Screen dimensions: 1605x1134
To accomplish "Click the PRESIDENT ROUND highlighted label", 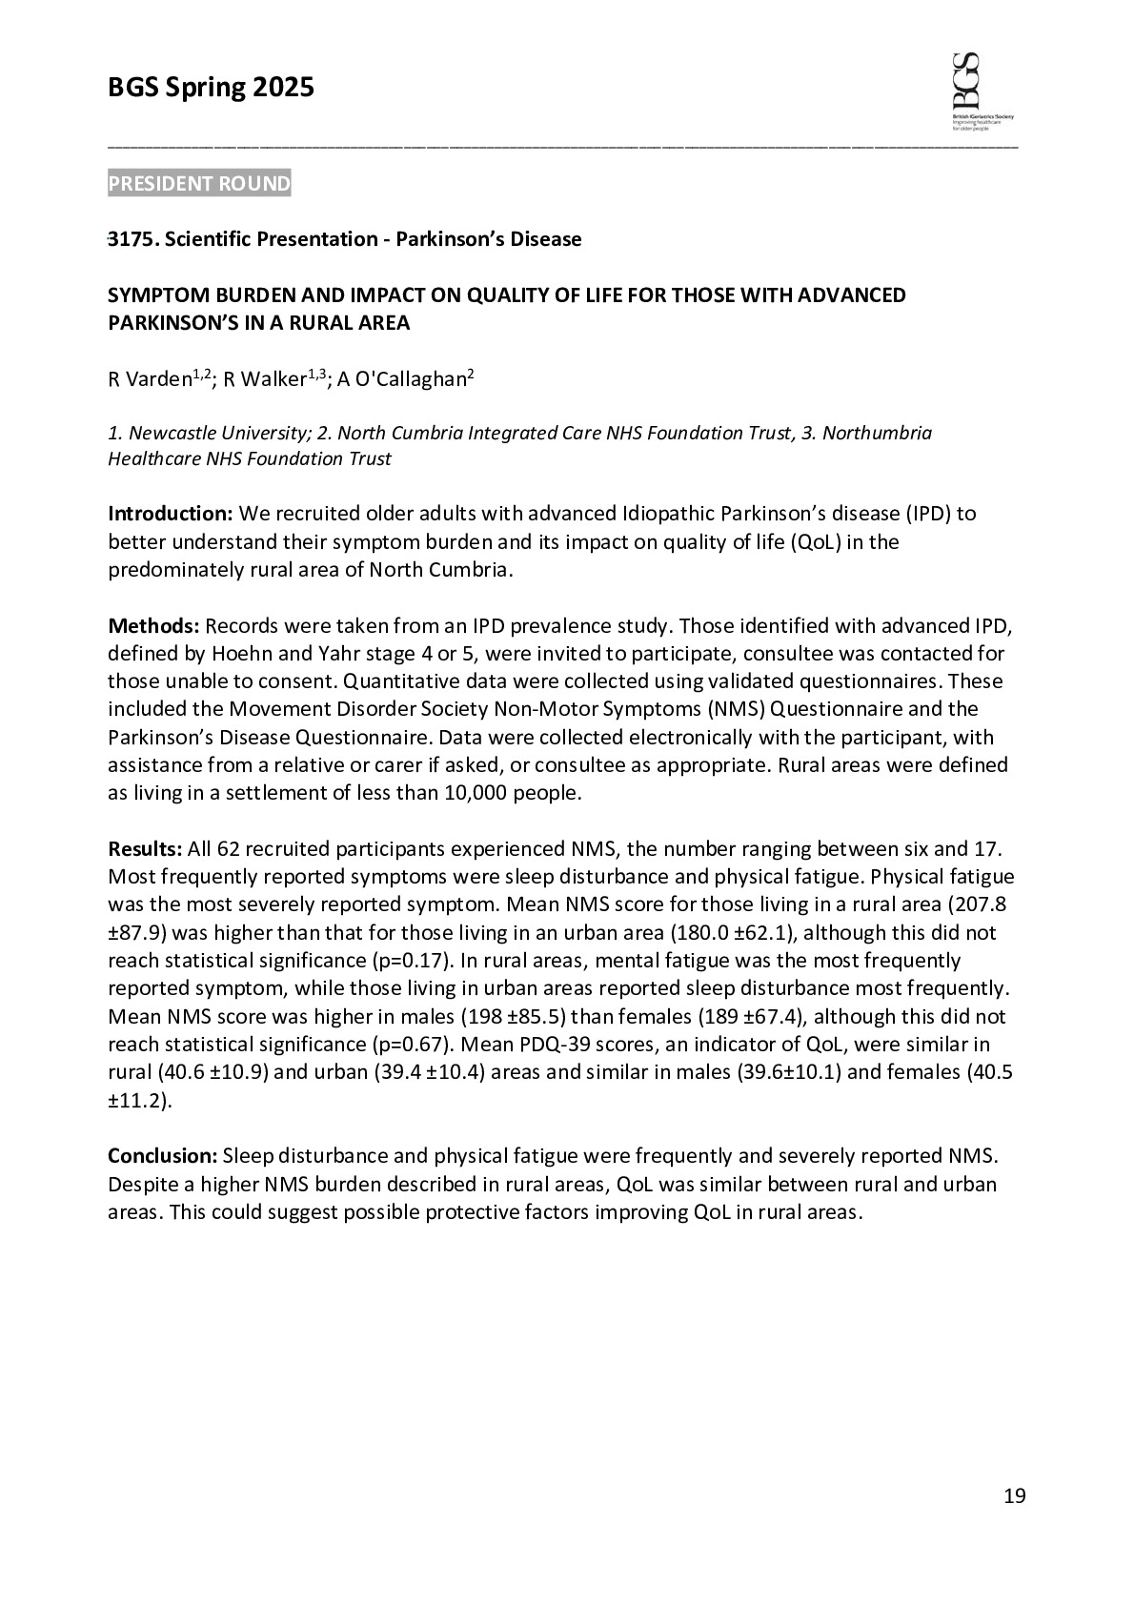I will click(199, 184).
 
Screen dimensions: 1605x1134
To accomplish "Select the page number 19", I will click(1014, 1496).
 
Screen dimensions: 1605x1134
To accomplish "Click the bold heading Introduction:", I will click(171, 515).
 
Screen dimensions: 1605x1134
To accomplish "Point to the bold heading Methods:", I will click(153, 626).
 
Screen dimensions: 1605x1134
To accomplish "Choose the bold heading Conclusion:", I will click(163, 1156).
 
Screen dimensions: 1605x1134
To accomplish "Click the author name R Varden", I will click(150, 380).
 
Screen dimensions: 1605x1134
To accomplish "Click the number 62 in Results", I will click(229, 849).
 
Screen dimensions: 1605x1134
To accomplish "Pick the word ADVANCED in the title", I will click(851, 295).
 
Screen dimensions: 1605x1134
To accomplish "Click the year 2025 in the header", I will click(283, 89).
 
